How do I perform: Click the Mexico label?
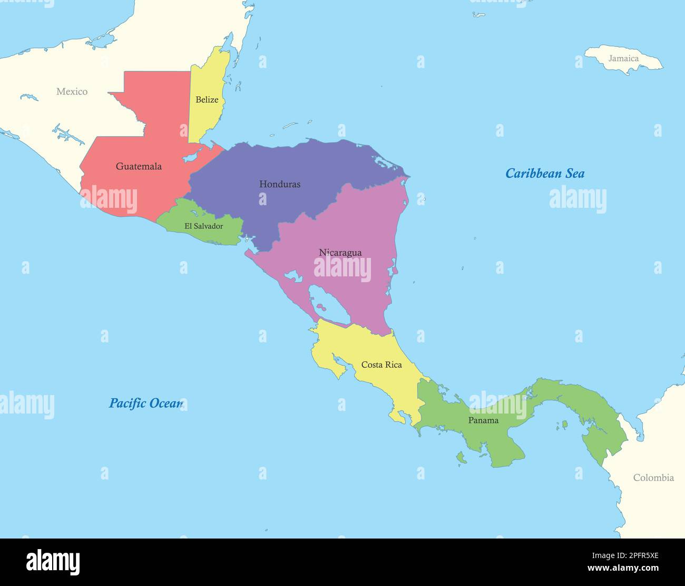coord(72,92)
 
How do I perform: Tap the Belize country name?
coord(207,100)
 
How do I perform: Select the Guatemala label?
coord(139,166)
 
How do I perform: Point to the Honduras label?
coord(280,184)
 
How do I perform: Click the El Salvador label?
coord(203,226)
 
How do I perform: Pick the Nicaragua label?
coord(340,253)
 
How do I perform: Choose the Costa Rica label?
coord(381,365)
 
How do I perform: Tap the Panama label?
coord(483,420)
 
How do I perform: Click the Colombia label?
coord(653,478)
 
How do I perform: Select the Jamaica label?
coord(623,59)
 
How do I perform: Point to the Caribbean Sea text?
coord(545,174)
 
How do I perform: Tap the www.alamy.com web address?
coord(623,568)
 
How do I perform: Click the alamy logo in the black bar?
coord(53,562)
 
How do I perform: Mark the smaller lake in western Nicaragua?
coord(292,275)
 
